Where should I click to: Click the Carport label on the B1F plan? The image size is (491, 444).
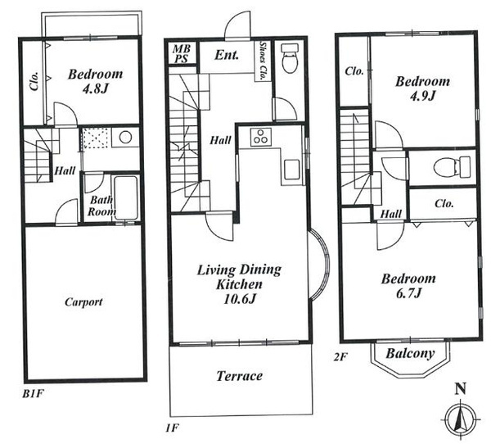pos(83,302)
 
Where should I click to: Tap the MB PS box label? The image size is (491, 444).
pos(182,53)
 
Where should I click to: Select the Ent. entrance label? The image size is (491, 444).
pos(227,55)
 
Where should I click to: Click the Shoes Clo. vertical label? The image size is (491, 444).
pos(263,60)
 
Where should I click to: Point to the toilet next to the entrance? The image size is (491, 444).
pos(289,59)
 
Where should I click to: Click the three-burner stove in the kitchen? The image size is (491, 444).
pos(261,137)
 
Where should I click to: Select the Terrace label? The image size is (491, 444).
pos(240,376)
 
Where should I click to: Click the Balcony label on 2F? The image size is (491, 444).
pos(410,353)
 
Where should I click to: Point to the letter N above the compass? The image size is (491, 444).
pos(460,389)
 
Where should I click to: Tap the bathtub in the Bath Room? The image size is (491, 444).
pos(125,198)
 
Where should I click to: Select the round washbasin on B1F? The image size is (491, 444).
pos(125,138)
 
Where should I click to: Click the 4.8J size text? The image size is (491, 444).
pos(95,89)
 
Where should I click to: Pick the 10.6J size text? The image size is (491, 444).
pos(240,299)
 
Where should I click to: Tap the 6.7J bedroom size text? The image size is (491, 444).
pos(408,294)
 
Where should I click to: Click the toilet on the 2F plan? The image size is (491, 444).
pos(452,167)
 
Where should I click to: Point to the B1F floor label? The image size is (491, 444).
pos(32,394)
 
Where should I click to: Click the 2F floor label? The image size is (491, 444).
pos(340,357)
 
